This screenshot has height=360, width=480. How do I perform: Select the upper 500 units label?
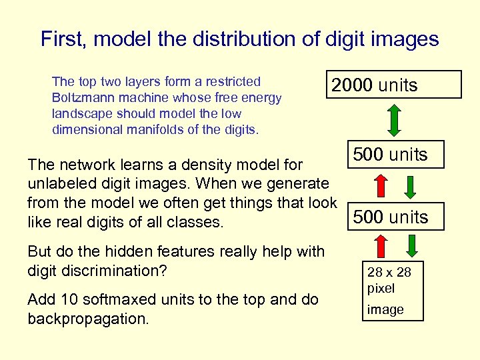tap(390, 155)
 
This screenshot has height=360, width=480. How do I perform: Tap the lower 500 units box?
tap(391, 217)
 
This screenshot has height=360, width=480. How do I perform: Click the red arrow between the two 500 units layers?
tap(380, 185)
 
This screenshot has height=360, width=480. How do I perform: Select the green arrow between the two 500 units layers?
tap(411, 185)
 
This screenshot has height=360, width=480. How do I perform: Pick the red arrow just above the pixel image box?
tap(380, 246)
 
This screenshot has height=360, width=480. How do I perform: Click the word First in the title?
tap(64, 39)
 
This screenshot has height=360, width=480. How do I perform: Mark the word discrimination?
tap(115, 271)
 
